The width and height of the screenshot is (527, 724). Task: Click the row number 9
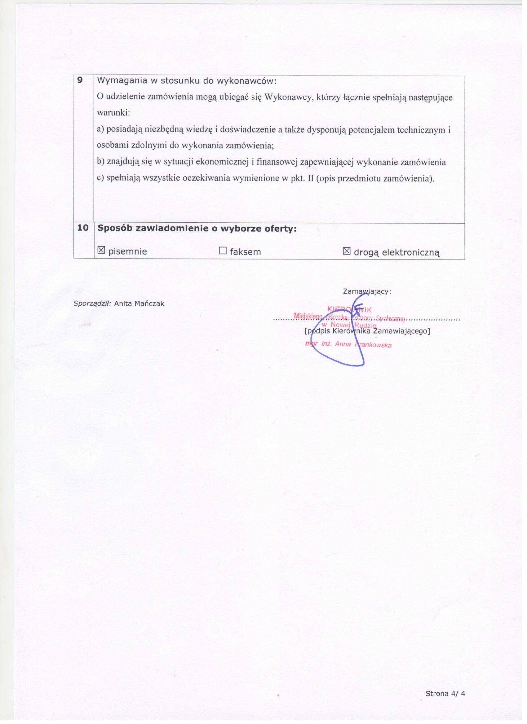80,80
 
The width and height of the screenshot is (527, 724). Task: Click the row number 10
83,228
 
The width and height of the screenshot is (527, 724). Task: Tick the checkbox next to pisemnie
101,251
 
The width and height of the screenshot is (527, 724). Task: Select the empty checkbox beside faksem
223,251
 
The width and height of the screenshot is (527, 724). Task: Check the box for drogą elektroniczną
347,251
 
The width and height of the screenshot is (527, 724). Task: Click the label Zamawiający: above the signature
367,291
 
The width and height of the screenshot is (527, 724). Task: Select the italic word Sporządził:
92,303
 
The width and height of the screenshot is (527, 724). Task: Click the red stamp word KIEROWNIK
350,309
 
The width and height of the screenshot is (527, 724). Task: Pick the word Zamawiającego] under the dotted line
404,331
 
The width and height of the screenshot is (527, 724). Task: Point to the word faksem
246,252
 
